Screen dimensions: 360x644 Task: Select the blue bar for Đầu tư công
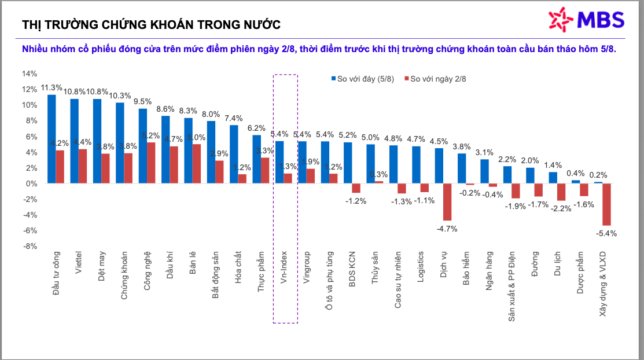tap(51, 139)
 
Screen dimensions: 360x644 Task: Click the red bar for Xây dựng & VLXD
tap(606, 204)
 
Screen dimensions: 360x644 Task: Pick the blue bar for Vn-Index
tap(279, 162)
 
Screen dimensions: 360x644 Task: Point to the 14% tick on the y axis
tap(30, 74)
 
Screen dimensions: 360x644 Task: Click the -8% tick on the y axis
tap(30, 246)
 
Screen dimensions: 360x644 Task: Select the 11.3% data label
tap(51, 88)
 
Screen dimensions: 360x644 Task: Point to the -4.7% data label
tap(447, 228)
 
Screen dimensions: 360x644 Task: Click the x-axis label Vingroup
tap(307, 266)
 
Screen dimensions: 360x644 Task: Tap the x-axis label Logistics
tap(421, 266)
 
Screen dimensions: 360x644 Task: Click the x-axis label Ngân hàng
tap(489, 269)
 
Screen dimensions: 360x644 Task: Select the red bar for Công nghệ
tap(151, 163)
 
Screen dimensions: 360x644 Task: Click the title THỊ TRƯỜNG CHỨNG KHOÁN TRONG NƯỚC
tap(151, 24)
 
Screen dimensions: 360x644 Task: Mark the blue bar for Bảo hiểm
tap(462, 168)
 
